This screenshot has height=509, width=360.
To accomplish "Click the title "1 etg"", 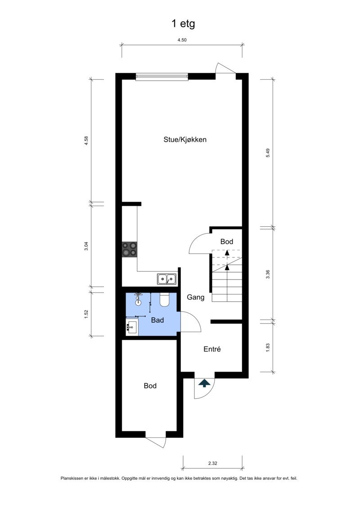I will pyautogui.click(x=182, y=24).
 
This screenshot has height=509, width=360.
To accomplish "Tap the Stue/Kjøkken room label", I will pyautogui.click(x=185, y=140).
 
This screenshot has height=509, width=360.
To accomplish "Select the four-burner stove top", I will pyautogui.click(x=130, y=249).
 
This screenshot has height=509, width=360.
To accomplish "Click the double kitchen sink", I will pyautogui.click(x=166, y=279).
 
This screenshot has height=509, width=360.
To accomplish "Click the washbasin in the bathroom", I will pyautogui.click(x=132, y=327).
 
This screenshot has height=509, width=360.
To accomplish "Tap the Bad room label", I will pyautogui.click(x=157, y=320).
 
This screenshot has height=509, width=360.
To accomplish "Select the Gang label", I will pyautogui.click(x=196, y=297).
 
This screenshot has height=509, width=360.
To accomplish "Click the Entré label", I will pyautogui.click(x=212, y=349).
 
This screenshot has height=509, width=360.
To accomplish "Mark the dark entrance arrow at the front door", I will pyautogui.click(x=204, y=383).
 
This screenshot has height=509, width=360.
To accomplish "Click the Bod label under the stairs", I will pyautogui.click(x=227, y=242).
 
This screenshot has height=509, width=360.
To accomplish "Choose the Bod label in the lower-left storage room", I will pyautogui.click(x=150, y=386).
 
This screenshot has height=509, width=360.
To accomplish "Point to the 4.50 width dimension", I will pyautogui.click(x=182, y=40).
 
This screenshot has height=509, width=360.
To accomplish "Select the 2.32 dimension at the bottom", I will pyautogui.click(x=213, y=463).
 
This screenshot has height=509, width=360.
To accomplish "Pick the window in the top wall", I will pyautogui.click(x=162, y=77).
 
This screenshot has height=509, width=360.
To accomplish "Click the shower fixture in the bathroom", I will pyautogui.click(x=139, y=299).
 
